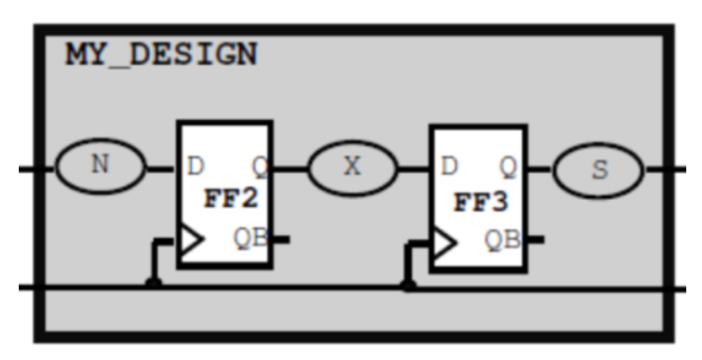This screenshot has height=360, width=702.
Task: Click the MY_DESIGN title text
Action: [x=161, y=55]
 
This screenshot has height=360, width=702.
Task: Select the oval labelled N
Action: [x=101, y=166]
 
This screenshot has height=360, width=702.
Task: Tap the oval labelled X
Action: [x=353, y=167]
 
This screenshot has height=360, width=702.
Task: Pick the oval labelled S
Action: [x=598, y=170]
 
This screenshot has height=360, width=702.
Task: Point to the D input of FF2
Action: [x=195, y=165]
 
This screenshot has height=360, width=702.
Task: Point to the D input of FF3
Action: [x=449, y=166]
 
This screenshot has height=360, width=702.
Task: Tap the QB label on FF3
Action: [x=502, y=240]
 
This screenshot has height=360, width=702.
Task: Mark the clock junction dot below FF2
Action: [x=154, y=284]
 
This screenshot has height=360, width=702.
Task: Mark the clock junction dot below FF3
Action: [x=409, y=285]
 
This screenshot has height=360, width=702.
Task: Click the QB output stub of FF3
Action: [x=535, y=241]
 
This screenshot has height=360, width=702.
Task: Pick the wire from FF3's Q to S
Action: [x=540, y=169]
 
